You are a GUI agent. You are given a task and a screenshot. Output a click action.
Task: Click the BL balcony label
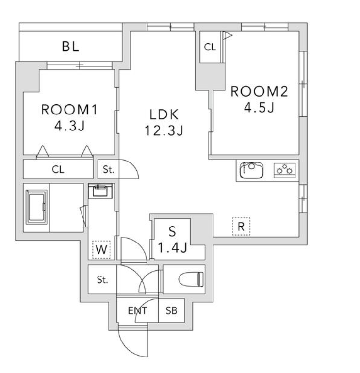(70, 47)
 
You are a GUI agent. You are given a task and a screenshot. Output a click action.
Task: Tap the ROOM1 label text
(69, 110)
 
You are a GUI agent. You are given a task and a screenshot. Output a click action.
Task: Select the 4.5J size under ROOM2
(259, 107)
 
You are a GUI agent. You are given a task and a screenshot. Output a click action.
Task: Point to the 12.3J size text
(164, 130)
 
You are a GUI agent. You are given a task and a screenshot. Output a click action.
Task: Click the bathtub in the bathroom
(36, 207)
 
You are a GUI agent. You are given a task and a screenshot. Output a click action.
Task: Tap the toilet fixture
(191, 279)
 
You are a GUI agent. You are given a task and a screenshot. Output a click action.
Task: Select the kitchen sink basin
(251, 170)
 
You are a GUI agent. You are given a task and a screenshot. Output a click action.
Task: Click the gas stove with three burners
(285, 170)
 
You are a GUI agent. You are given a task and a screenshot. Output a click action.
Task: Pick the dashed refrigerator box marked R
(241, 227)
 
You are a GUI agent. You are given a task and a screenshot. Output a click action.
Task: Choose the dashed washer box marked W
(101, 249)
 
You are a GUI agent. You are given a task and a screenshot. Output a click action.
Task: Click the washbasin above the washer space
(100, 191)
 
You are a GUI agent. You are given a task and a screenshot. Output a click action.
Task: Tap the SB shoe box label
(171, 310)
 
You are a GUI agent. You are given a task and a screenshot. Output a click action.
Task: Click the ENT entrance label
(137, 310)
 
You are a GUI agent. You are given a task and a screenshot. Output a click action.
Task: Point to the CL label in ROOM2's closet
(210, 47)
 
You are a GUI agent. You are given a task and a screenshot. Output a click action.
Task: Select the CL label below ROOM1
(58, 169)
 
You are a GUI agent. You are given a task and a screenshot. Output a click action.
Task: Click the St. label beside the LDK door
(109, 169)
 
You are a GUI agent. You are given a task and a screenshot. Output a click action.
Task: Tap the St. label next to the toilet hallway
(102, 279)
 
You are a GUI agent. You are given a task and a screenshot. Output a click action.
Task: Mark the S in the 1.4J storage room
(172, 231)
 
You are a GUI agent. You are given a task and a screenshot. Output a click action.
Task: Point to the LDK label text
(164, 114)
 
